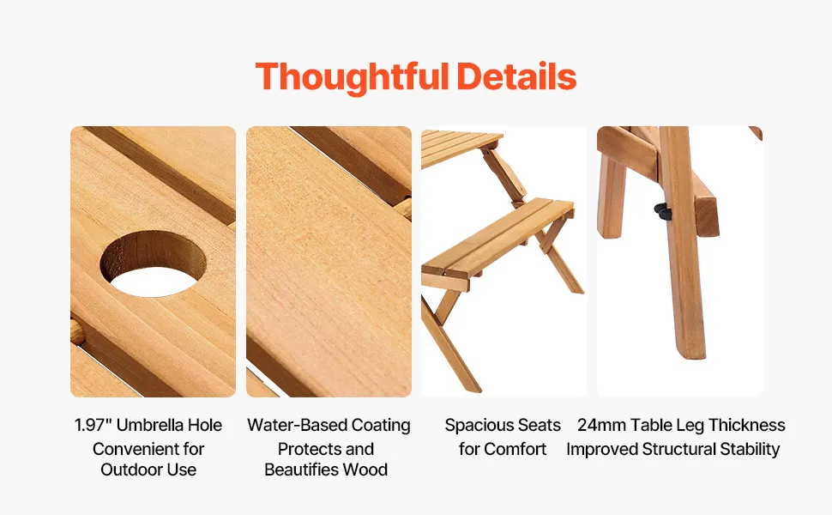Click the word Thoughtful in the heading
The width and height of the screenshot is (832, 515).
click(x=352, y=77)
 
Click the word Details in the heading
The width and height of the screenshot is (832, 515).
click(x=516, y=76)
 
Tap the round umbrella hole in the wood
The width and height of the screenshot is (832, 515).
click(x=153, y=264)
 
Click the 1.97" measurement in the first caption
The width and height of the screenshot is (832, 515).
click(x=93, y=425)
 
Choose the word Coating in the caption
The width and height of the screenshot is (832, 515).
click(x=381, y=425)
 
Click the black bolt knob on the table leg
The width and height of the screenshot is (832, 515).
click(x=663, y=212)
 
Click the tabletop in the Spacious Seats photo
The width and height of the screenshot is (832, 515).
click(x=461, y=147)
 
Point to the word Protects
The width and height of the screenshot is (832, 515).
click(x=303, y=449)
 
